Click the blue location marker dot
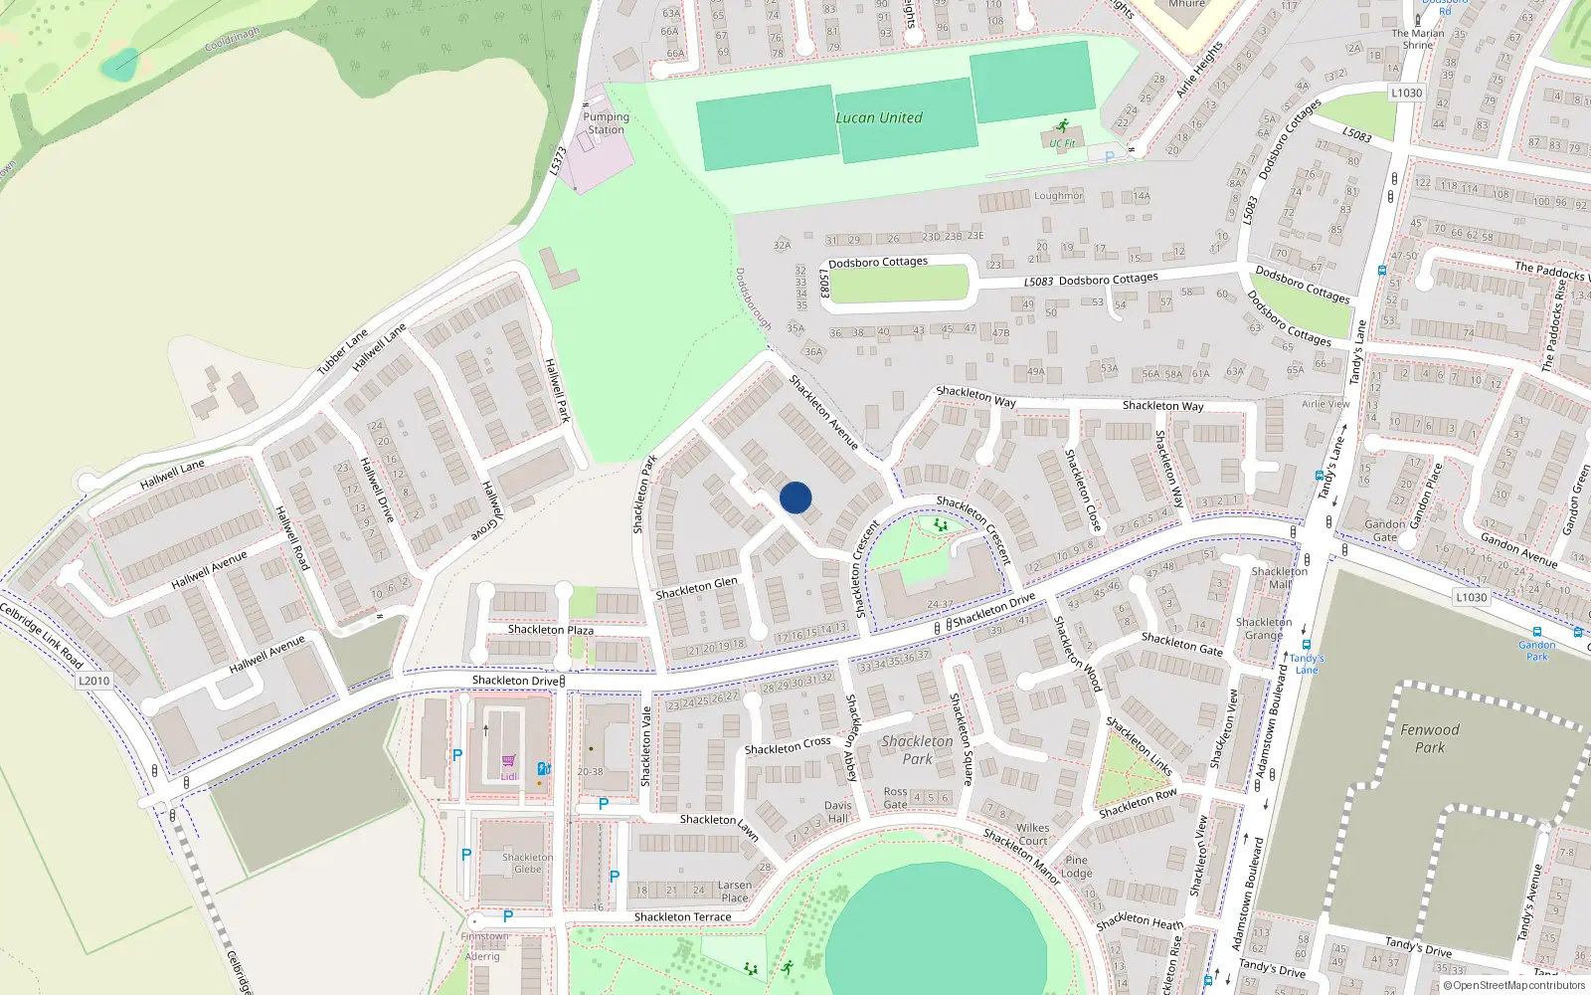tap(795, 497)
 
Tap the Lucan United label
tap(879, 117)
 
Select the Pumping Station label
tap(606, 123)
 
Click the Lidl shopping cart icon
tap(508, 761)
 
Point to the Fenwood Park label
tap(1430, 738)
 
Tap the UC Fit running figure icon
tap(1063, 126)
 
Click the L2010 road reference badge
tap(93, 681)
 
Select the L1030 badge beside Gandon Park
tap(1471, 597)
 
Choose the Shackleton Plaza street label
tap(550, 630)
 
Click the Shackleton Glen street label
tap(696, 588)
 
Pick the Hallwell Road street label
tap(292, 537)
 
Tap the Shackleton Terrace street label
tap(682, 917)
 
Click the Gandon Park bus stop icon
tap(1537, 632)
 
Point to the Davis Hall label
tap(837, 812)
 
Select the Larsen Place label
tap(735, 892)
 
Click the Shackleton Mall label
tap(1280, 578)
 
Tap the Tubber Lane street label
tap(342, 351)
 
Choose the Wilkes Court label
tap(1032, 834)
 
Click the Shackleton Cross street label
tap(787, 746)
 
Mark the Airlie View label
tap(1326, 404)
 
